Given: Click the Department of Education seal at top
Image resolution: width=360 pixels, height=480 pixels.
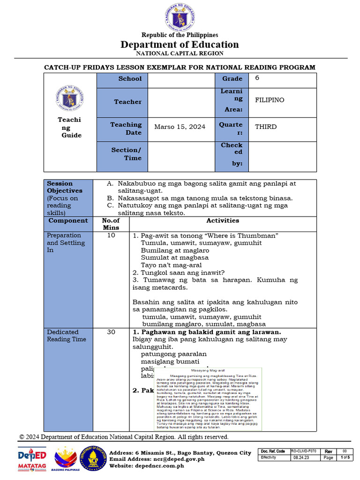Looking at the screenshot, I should click(x=180, y=17).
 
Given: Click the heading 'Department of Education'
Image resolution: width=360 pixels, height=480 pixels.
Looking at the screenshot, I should click(x=180, y=45).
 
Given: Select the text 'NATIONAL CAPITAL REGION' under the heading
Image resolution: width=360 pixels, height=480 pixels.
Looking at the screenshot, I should click(x=180, y=53).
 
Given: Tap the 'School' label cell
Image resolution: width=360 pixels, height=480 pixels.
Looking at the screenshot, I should click(x=130, y=79).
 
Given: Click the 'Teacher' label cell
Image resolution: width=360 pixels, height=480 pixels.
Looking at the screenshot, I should click(x=127, y=102).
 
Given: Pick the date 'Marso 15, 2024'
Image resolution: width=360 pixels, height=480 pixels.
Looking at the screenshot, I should click(x=180, y=127).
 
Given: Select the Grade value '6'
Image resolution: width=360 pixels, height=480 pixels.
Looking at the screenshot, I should click(x=257, y=78).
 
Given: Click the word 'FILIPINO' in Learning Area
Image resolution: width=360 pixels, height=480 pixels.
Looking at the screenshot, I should click(x=270, y=100).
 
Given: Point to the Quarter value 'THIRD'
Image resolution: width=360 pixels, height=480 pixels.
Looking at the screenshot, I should click(x=266, y=127).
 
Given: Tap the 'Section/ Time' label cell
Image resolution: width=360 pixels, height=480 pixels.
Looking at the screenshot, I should click(x=126, y=154).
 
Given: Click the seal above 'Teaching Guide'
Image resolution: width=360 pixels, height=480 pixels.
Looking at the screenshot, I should click(x=70, y=98).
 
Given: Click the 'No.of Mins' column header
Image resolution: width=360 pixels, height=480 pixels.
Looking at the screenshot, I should click(x=111, y=224).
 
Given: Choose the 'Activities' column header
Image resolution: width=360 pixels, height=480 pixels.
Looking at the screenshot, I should click(x=223, y=220).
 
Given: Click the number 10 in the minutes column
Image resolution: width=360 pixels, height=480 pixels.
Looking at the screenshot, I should click(x=111, y=235).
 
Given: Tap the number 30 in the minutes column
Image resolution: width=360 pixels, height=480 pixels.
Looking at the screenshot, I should click(x=111, y=332).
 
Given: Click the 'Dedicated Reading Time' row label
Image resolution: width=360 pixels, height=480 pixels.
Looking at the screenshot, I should click(x=63, y=336).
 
